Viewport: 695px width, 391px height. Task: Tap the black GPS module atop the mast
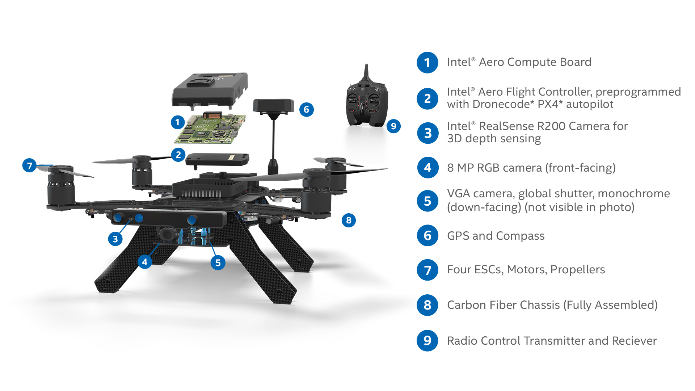(274, 105)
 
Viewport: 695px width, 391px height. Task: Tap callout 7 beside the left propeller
(30, 166)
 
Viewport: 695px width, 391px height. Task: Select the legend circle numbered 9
(427, 341)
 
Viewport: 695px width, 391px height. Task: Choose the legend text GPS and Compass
(496, 236)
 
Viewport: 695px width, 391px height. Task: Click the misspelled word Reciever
(634, 341)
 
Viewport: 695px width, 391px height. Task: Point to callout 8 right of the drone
(349, 220)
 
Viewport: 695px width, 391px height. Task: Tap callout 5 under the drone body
(218, 262)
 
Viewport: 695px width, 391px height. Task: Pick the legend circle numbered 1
(427, 63)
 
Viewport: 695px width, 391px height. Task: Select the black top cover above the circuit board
(210, 89)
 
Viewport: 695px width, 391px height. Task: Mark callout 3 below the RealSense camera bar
(115, 239)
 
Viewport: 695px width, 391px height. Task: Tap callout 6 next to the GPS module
(306, 109)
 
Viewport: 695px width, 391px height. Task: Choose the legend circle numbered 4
(427, 168)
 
